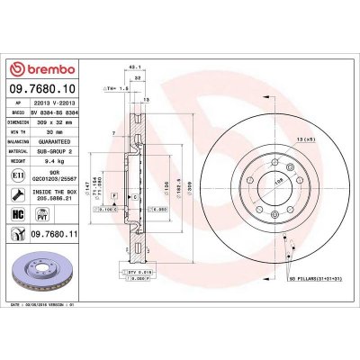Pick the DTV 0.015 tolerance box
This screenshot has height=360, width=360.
(138, 270)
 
